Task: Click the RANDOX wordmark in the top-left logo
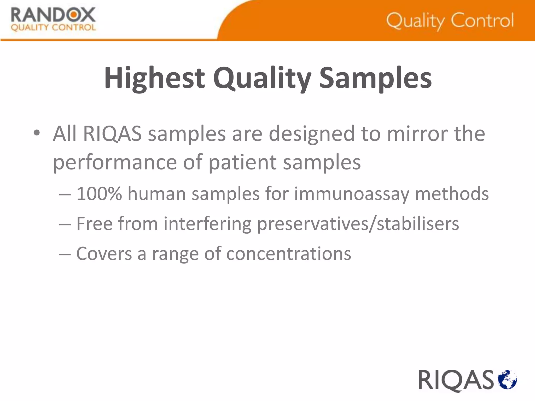[x=53, y=15]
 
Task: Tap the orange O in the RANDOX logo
[x=73, y=15]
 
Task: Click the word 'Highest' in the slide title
[x=154, y=78]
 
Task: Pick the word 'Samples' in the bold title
[x=375, y=78]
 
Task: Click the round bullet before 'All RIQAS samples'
[x=37, y=133]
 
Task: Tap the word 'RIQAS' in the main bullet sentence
[x=112, y=134]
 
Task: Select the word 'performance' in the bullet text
[x=115, y=162]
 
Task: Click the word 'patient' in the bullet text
[x=242, y=162]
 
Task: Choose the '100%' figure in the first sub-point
[x=99, y=194]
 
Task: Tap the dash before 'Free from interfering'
[x=65, y=224]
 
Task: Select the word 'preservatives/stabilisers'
[x=358, y=224]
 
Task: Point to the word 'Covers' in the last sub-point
[x=104, y=254]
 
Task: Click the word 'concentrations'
[x=289, y=254]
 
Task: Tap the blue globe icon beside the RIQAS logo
[x=507, y=379]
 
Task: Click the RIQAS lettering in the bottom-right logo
[x=456, y=380]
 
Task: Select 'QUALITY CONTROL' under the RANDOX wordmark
[x=53, y=28]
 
